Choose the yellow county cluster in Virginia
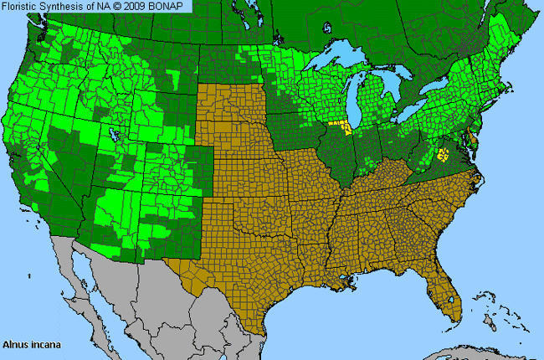coord(443,154)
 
